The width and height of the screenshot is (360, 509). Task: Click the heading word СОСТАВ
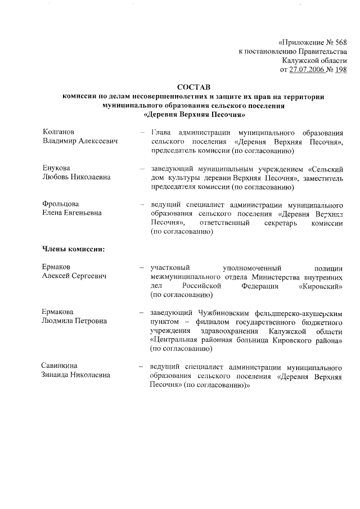click(x=193, y=88)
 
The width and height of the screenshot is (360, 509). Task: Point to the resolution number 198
click(x=340, y=70)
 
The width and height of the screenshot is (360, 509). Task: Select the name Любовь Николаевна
click(x=76, y=177)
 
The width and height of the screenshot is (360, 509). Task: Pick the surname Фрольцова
click(x=61, y=204)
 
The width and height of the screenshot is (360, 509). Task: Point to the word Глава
click(x=160, y=132)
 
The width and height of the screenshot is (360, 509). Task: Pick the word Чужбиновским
click(x=224, y=312)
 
